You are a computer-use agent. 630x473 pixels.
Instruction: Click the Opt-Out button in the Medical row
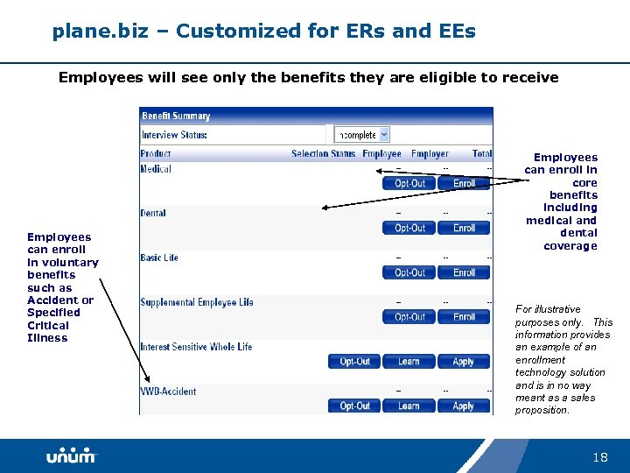point(409,183)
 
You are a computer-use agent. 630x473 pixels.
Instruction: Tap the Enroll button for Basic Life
point(464,272)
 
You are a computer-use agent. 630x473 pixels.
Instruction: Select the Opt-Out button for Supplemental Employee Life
point(409,317)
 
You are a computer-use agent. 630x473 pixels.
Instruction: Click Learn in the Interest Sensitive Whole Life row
point(409,361)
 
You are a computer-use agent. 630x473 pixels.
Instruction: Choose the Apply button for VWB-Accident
point(463,406)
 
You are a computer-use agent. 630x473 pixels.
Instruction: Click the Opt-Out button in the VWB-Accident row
point(354,406)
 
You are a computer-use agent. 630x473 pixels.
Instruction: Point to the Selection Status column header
point(323,154)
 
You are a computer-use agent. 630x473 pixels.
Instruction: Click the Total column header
point(481,154)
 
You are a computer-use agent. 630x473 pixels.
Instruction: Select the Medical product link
point(156,169)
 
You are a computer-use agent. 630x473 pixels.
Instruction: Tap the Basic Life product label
point(159,258)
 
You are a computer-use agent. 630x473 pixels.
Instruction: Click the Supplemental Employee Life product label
point(197,302)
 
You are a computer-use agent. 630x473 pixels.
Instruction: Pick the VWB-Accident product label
point(168,392)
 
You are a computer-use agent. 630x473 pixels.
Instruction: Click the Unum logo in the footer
point(71,456)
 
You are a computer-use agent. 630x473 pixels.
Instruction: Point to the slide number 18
point(599,457)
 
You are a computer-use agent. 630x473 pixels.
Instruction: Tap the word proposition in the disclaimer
point(542,410)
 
